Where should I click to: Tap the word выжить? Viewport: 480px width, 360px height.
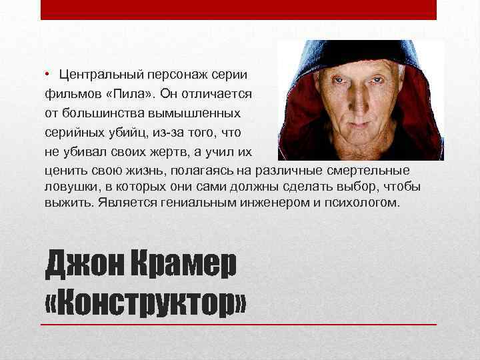(68, 202)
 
